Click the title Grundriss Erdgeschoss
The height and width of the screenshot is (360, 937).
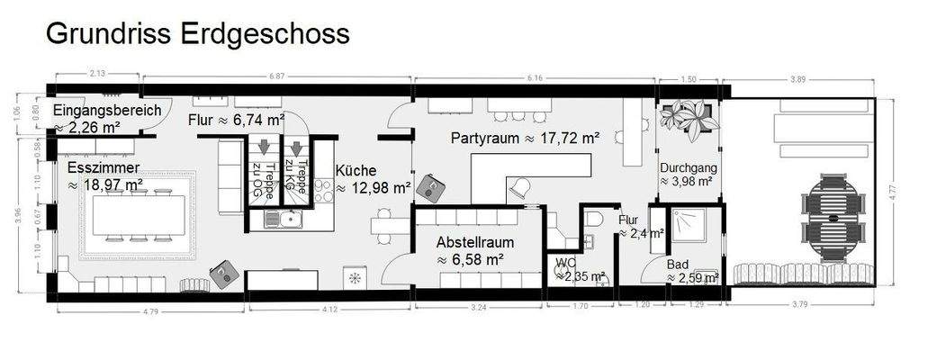point(197,34)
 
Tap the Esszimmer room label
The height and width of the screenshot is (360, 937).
point(104,167)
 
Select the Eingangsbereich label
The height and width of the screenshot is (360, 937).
point(107,110)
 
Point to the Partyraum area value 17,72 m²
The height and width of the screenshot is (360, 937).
point(562,139)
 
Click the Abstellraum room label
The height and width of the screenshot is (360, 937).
point(470,242)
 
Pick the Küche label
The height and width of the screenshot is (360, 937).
point(357,169)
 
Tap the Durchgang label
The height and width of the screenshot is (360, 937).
point(687,167)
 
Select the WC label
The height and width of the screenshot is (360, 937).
point(565,263)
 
